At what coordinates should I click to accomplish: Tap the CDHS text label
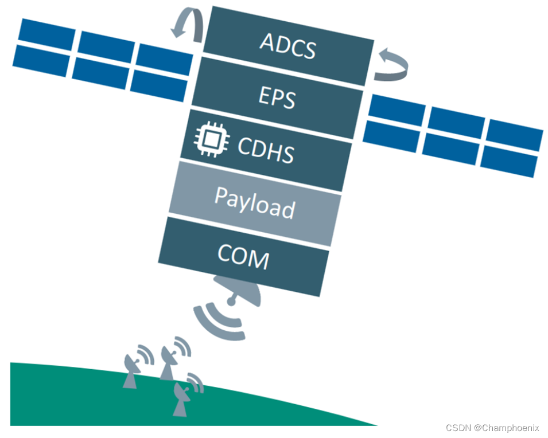(x=266, y=150)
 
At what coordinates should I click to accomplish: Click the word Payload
(x=255, y=202)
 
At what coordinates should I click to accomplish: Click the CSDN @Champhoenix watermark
(x=492, y=428)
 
